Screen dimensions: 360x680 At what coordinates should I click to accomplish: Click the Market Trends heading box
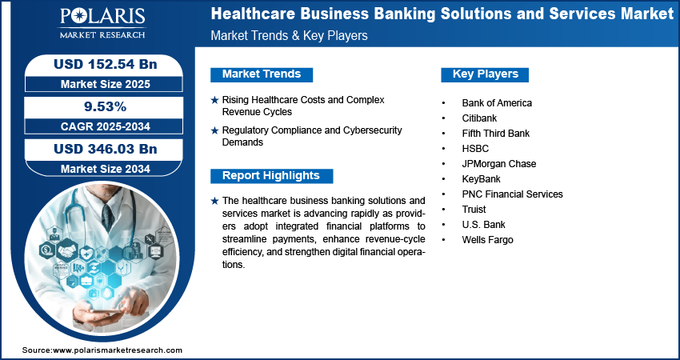262,74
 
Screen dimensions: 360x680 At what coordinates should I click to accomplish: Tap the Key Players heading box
486,74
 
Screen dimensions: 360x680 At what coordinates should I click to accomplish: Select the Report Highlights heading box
271,176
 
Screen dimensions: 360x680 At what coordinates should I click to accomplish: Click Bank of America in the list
496,103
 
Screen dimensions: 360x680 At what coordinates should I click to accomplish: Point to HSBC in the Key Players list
475,149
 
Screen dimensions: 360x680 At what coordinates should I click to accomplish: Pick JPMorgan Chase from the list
498,164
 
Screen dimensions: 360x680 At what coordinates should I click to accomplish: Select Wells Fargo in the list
487,240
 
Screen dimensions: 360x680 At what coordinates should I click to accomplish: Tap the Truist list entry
474,210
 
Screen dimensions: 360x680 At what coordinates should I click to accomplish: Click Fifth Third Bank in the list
495,134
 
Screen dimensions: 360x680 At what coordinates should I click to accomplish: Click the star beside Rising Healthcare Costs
214,100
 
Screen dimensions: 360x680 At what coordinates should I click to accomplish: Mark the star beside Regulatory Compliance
214,130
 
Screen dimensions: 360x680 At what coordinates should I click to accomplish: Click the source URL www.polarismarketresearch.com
118,350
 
